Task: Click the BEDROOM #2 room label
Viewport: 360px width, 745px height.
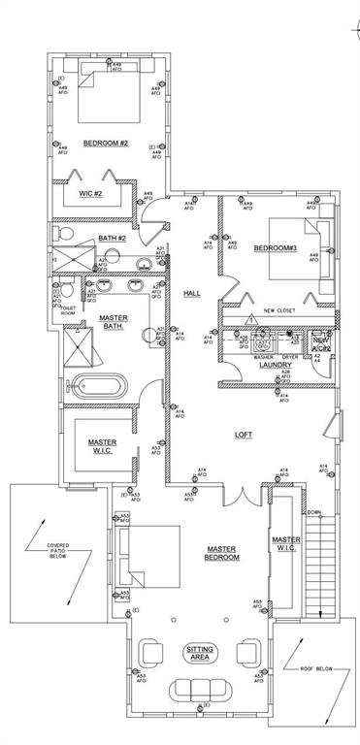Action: click(x=106, y=143)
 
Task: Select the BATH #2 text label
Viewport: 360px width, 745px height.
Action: click(x=113, y=238)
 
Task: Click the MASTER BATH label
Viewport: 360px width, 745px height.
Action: click(x=114, y=322)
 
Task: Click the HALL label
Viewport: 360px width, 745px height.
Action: click(x=192, y=294)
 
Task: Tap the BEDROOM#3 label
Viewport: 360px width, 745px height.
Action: click(x=275, y=247)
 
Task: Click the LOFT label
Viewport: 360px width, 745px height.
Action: click(x=243, y=435)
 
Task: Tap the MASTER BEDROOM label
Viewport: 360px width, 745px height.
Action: click(x=222, y=553)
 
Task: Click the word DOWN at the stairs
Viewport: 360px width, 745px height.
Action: click(x=313, y=513)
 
